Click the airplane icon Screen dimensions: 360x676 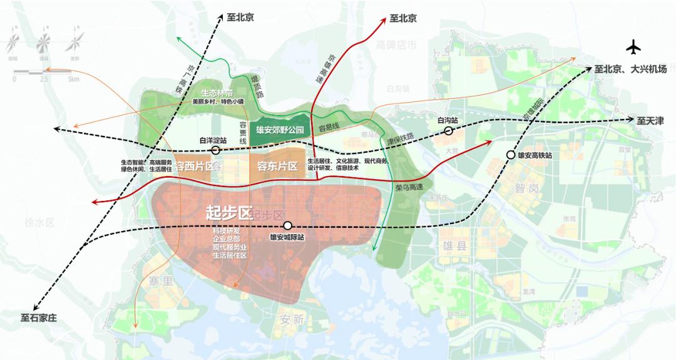633,48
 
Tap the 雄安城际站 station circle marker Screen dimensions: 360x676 287,225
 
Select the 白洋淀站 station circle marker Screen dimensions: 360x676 215,151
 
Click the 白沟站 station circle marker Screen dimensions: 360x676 449,130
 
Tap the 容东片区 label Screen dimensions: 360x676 277,166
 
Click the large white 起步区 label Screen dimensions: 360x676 228,212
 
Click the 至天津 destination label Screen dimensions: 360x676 650,120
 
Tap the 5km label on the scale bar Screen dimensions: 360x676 74,80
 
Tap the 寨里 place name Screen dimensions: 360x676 160,281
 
